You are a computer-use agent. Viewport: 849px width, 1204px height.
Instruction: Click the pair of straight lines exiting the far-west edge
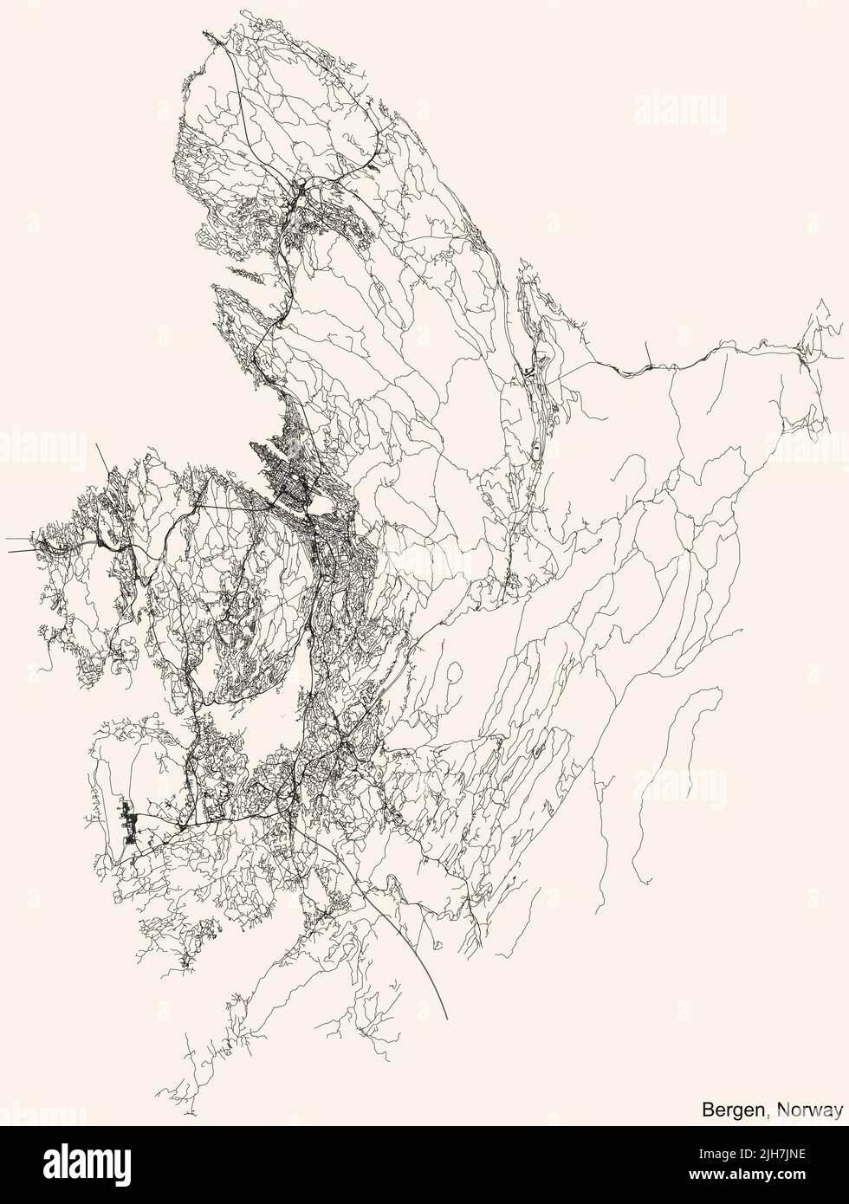(x=17, y=544)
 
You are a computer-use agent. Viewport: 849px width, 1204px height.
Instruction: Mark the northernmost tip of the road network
(x=205, y=32)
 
